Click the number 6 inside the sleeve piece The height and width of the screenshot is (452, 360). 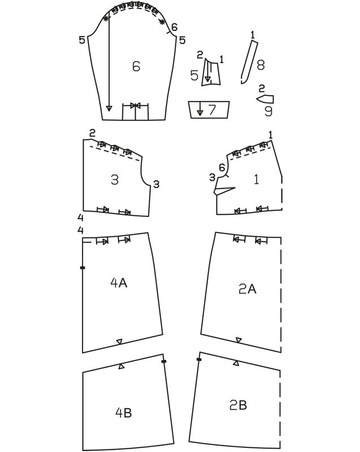[136, 66]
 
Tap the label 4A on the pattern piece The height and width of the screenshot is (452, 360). [119, 283]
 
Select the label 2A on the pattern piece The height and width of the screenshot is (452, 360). [248, 289]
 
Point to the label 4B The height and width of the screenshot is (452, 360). [123, 412]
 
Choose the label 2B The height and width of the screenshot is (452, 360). [238, 405]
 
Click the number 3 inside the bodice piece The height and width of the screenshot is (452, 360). [115, 180]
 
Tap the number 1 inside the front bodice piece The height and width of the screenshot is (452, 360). [256, 179]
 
